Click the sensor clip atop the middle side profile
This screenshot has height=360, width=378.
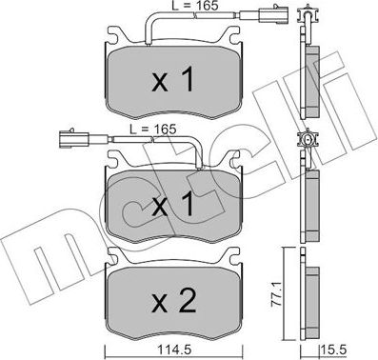[x=308, y=143]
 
